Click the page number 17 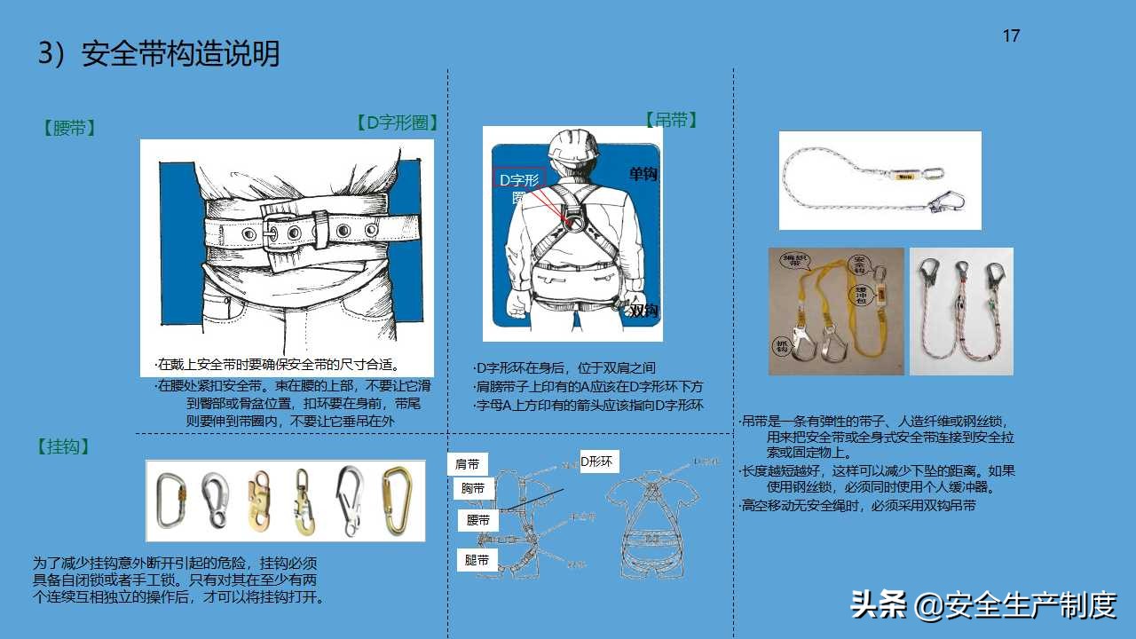[x=1011, y=36]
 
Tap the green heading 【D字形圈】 [x=397, y=123]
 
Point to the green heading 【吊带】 [x=671, y=121]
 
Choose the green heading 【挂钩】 [x=64, y=447]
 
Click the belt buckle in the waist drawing [x=284, y=232]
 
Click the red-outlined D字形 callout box [x=519, y=180]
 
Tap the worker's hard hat [x=572, y=146]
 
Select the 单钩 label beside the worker [x=643, y=175]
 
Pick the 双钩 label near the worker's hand [x=643, y=310]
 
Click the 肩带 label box [x=468, y=464]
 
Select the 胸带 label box [x=474, y=488]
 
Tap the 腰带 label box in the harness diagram [x=478, y=521]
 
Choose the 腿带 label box [x=477, y=560]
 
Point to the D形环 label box [x=597, y=461]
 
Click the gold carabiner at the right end [x=391, y=501]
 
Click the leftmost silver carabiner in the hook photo [x=169, y=501]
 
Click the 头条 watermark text [x=878, y=605]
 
